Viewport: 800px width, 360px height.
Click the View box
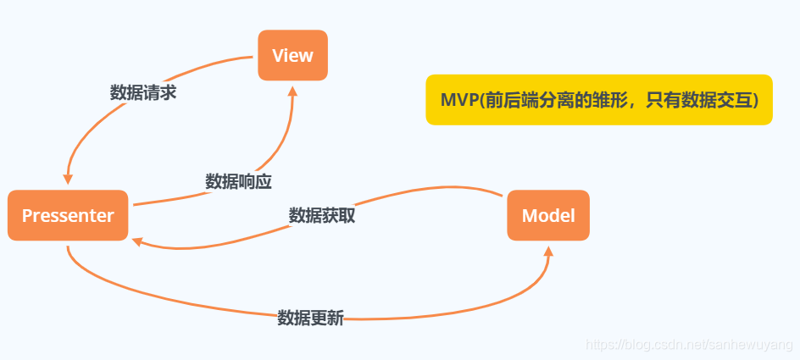[292, 56]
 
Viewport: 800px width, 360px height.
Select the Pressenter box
[68, 216]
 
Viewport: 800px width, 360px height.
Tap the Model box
[547, 216]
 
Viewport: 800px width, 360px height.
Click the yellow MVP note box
[598, 100]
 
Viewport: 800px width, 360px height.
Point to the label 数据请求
[143, 93]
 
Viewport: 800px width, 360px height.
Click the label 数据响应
[238, 181]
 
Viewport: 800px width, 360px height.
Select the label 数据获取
[321, 215]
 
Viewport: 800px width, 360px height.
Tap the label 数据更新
[310, 318]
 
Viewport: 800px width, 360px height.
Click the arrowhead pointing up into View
[293, 89]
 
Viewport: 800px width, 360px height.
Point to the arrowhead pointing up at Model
[548, 252]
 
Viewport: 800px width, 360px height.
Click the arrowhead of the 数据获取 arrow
[138, 241]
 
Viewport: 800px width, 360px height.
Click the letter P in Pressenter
[26, 216]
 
